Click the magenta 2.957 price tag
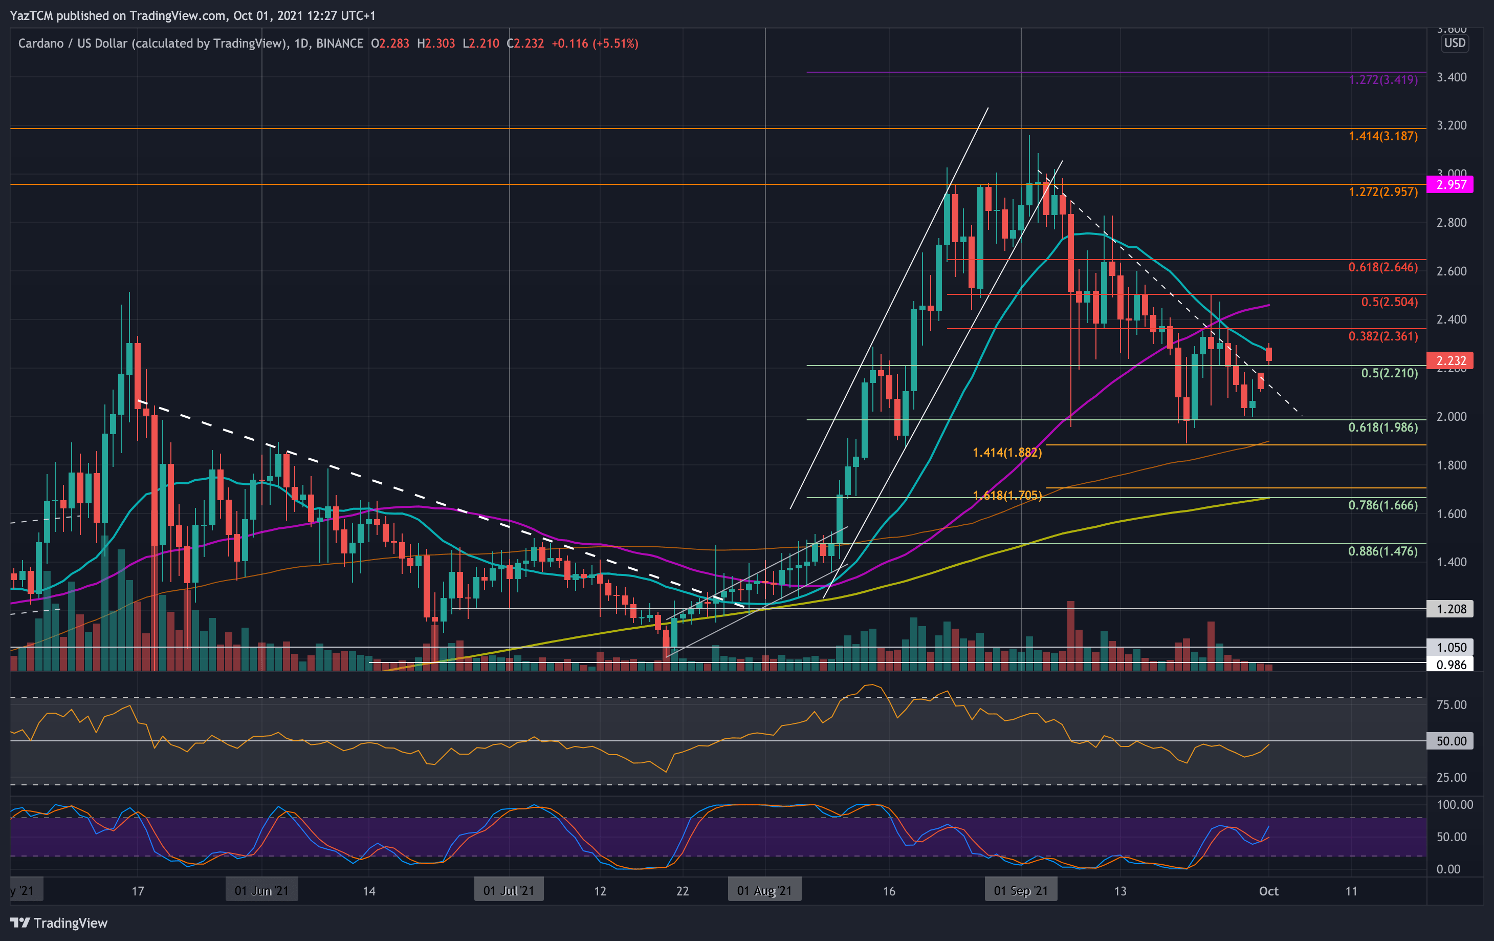pos(1450,184)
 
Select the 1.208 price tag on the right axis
pos(1450,609)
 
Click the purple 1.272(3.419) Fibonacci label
pos(1383,79)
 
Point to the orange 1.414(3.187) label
pos(1383,136)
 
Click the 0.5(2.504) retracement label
pos(1389,302)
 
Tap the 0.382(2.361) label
pos(1383,336)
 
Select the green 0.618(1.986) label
pos(1383,427)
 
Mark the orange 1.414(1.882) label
pos(1007,453)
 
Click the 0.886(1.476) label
pos(1383,551)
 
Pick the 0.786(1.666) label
pos(1383,505)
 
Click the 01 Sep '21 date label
pos(1021,891)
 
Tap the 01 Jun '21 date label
pos(261,891)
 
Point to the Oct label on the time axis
pos(1268,891)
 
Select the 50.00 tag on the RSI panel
pos(1450,741)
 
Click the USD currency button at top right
pos(1454,43)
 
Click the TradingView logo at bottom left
pos(59,923)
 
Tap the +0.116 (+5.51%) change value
pos(595,44)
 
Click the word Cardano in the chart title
pos(40,44)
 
